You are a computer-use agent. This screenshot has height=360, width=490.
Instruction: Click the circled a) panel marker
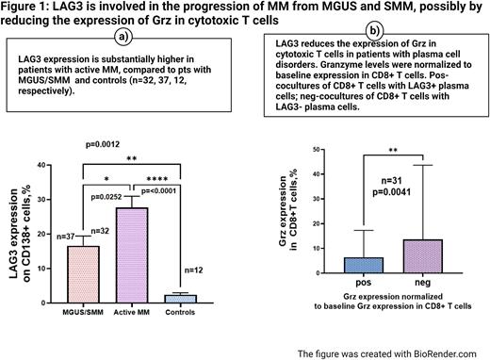point(122,37)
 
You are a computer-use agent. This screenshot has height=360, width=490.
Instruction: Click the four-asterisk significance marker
point(171,178)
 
